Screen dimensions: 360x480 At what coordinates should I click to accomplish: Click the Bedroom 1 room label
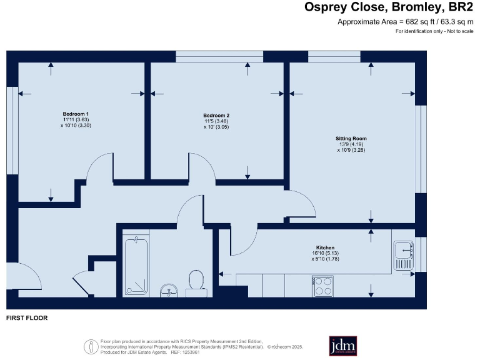coord(75,113)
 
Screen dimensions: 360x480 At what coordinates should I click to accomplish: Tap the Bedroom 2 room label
coord(216,115)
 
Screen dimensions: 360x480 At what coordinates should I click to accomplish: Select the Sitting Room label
coord(351,138)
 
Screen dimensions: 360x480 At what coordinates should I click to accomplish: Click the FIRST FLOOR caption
coord(27,318)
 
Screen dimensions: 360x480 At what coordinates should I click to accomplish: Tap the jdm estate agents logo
coord(342,346)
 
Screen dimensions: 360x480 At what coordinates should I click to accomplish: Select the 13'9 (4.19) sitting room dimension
coord(351,144)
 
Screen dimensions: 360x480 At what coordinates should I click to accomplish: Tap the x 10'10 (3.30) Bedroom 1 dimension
coord(75,126)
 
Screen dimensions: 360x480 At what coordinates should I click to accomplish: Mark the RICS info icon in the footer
coord(89,344)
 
